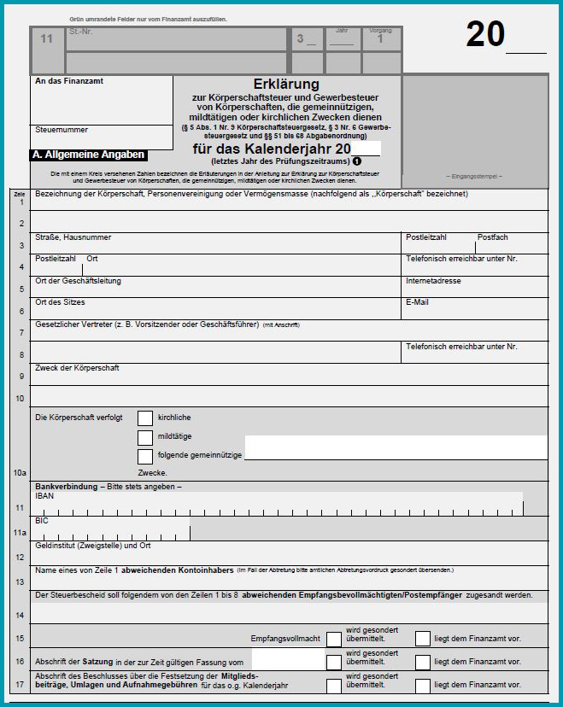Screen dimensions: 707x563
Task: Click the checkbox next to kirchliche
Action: click(x=145, y=418)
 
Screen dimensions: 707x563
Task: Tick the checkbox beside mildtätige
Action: click(x=145, y=437)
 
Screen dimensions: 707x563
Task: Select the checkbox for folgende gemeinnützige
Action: click(x=145, y=456)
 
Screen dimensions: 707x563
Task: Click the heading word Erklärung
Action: click(x=286, y=85)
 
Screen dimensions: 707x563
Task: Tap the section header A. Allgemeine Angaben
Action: click(x=88, y=155)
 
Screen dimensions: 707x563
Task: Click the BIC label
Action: click(x=42, y=520)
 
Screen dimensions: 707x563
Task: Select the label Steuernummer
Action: click(x=61, y=130)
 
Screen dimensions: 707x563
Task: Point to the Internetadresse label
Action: click(x=433, y=281)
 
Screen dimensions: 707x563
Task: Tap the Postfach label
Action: click(x=493, y=237)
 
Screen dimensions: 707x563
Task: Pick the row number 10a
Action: click(x=20, y=471)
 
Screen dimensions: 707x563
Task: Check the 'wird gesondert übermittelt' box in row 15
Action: click(x=333, y=639)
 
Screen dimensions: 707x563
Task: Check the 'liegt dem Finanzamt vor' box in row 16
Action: click(x=423, y=662)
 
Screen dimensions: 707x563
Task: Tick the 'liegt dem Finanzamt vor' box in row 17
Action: click(x=423, y=685)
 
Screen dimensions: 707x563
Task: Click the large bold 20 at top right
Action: click(x=485, y=35)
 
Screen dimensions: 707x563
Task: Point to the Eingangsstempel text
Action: click(x=475, y=176)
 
